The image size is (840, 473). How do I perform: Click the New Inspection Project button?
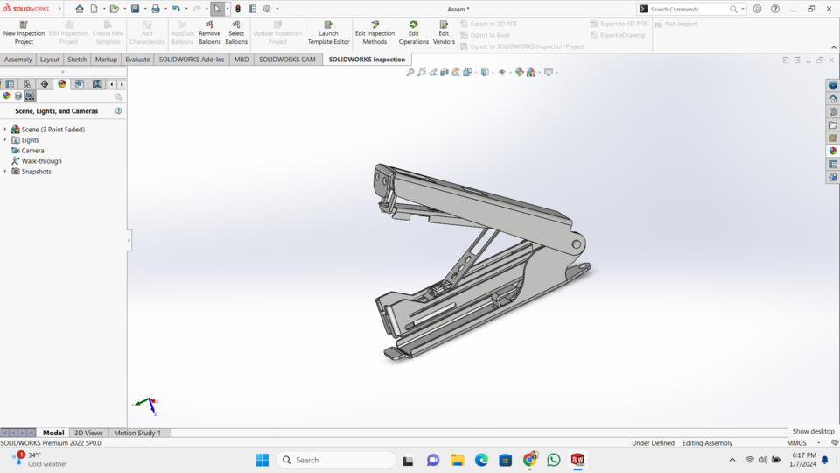(24, 32)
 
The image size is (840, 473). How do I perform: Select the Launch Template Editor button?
(328, 32)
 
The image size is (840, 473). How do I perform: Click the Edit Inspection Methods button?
(374, 32)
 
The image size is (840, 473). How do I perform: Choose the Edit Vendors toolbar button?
(444, 32)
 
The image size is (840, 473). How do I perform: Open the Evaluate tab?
(137, 60)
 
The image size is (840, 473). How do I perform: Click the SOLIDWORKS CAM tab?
(287, 60)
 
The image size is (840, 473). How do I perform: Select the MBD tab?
(241, 60)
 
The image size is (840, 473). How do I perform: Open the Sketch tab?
(77, 60)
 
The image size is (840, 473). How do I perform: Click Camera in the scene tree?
(32, 151)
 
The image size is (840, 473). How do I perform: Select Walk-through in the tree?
(41, 161)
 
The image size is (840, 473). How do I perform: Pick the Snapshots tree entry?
(36, 172)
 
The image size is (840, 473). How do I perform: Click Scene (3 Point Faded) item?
(52, 130)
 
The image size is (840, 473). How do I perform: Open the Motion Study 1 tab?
(137, 433)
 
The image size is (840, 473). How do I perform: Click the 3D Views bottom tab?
(88, 433)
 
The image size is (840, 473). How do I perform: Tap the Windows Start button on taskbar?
(262, 460)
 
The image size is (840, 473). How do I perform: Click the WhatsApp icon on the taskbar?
(554, 460)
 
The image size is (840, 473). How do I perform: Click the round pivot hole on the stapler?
(577, 244)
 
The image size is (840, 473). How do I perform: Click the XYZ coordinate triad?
(149, 405)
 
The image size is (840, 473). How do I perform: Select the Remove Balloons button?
(209, 32)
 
